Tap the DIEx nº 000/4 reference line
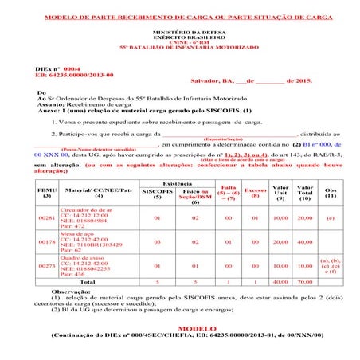(x=58, y=69)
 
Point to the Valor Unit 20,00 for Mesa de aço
(x=280, y=241)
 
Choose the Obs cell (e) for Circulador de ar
(x=330, y=217)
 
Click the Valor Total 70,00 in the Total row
(x=304, y=281)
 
